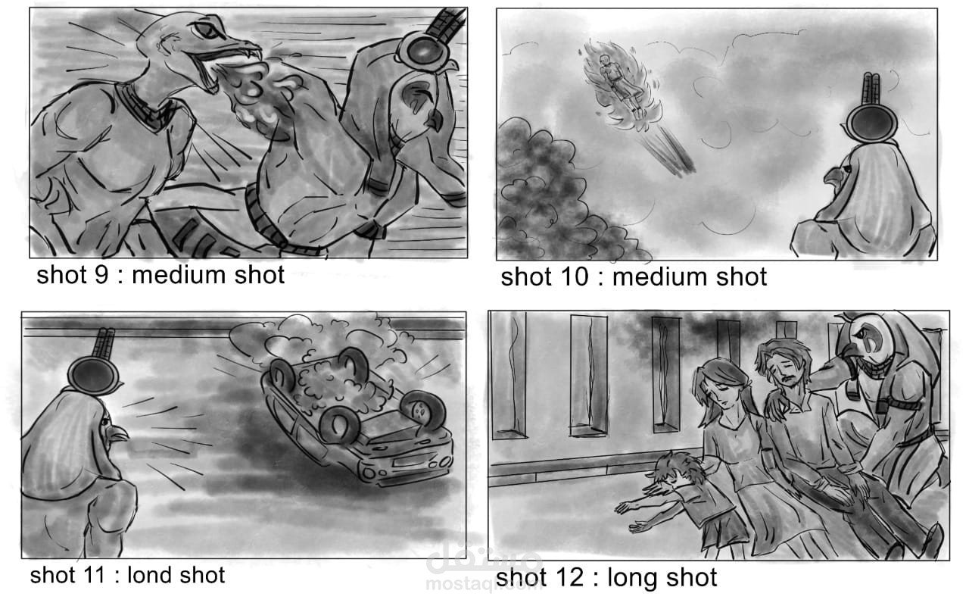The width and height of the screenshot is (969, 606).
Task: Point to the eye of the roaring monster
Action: [x=207, y=30]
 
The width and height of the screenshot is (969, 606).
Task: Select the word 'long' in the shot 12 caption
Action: [x=635, y=579]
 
